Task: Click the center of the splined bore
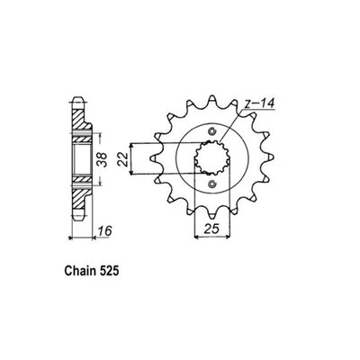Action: pyautogui.click(x=211, y=160)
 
